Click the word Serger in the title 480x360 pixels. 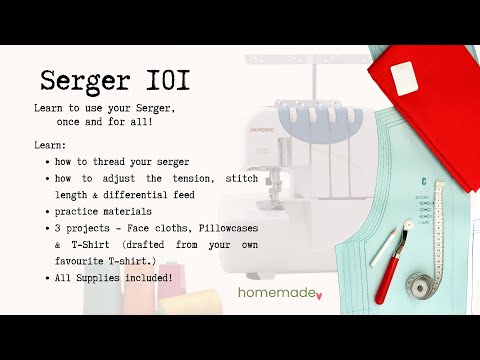88,80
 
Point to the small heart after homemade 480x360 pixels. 318,296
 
